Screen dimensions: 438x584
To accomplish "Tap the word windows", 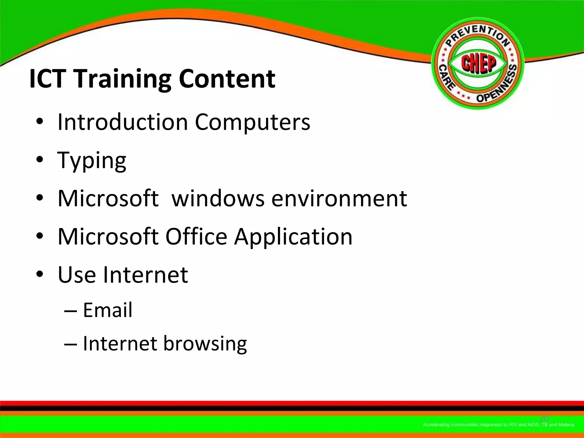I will (x=218, y=198).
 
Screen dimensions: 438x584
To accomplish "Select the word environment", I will (x=339, y=198).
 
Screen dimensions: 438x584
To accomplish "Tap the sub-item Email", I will (x=108, y=310).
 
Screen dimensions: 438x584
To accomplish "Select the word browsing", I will (x=205, y=344).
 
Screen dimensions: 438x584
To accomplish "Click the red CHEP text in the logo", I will (x=478, y=63).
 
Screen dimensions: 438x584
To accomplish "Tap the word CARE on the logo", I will (x=446, y=77).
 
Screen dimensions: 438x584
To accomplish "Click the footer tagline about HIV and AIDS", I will (x=498, y=425).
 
